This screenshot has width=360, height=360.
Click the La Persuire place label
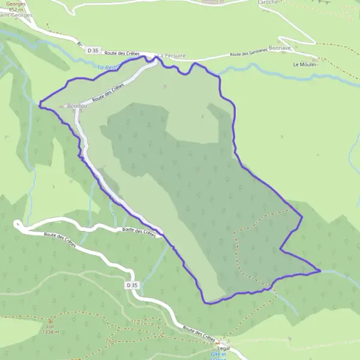point(172,56)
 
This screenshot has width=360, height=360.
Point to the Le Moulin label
point(305,64)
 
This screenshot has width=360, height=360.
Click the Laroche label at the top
point(267,2)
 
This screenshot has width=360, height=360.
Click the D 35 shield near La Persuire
point(91,50)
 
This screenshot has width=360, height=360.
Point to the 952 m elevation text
point(14,10)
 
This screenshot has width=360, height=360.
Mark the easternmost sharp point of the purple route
point(321,271)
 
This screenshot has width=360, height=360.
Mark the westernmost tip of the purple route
point(40,104)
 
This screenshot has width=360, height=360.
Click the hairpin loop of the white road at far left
point(18,225)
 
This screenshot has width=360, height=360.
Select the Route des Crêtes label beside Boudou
point(109,95)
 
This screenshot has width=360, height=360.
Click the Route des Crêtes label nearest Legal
point(199,333)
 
